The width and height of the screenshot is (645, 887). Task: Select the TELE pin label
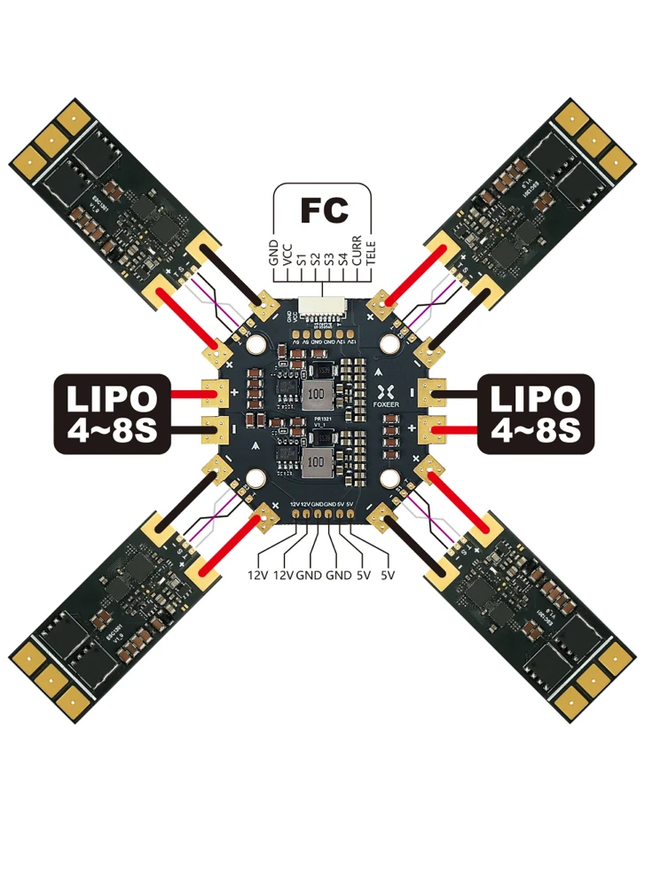click(371, 251)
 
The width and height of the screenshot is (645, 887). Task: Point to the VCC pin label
click(287, 251)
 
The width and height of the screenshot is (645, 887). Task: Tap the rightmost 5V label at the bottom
click(388, 575)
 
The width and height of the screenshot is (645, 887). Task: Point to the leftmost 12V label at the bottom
click(257, 575)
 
